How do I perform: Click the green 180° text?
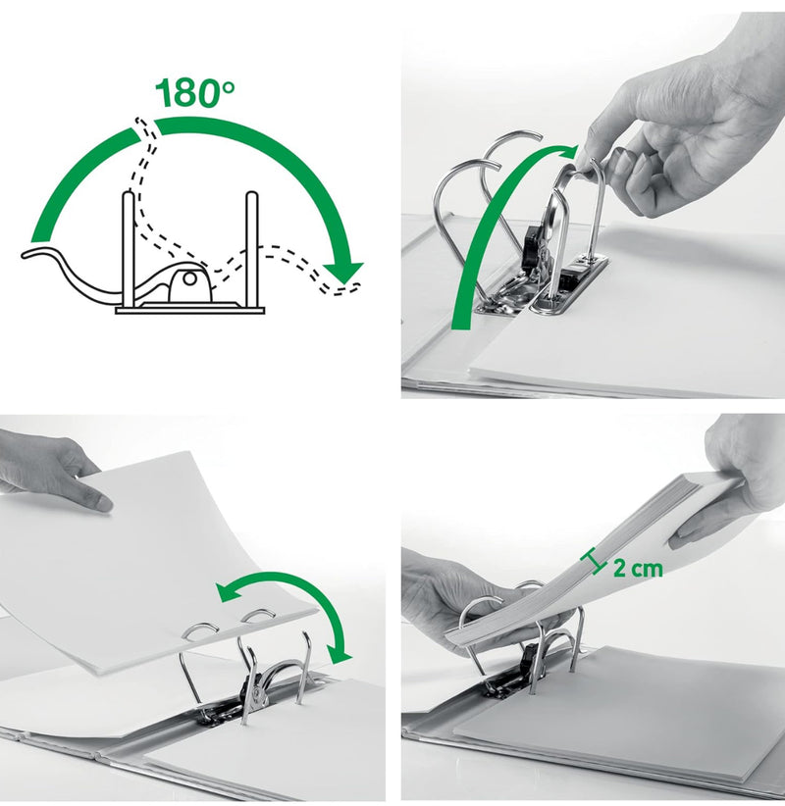tap(195, 92)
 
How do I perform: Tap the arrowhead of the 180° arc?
tap(343, 270)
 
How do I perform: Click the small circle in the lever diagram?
tap(189, 279)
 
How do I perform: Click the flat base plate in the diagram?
tap(189, 310)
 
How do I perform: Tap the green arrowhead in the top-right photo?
tap(566, 151)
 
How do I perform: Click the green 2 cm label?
tap(638, 568)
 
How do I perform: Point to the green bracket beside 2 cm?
tap(593, 561)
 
